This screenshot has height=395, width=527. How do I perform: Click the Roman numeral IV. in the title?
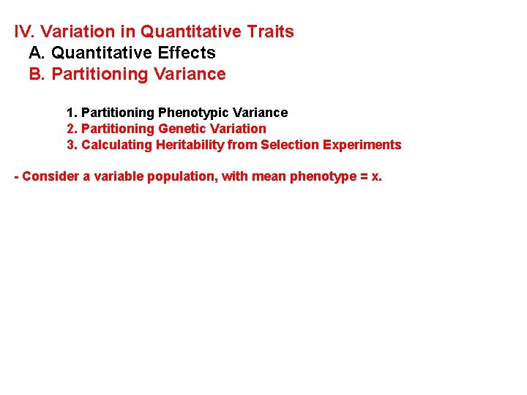tap(25, 32)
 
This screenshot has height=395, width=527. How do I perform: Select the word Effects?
tap(189, 53)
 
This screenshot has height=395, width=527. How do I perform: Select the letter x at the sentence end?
tap(375, 177)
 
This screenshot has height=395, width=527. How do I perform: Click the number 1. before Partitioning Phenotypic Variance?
tap(72, 113)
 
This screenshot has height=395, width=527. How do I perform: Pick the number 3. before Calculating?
tap(72, 145)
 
